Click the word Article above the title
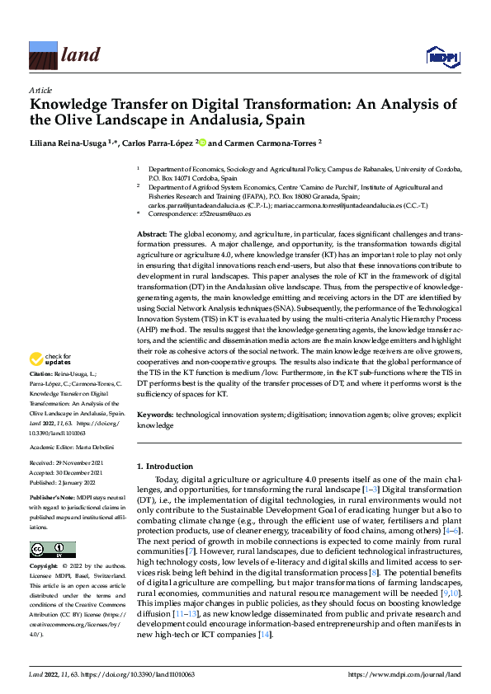pos(40,90)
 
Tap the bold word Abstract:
pos(151,235)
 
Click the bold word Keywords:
pos(154,416)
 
